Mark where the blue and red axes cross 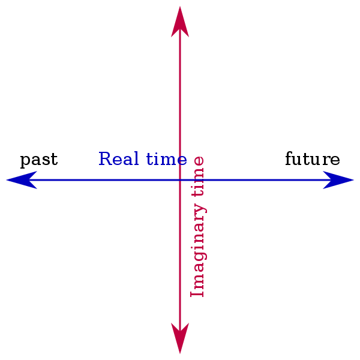180,180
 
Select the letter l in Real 136,159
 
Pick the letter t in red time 198,192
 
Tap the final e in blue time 182,161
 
